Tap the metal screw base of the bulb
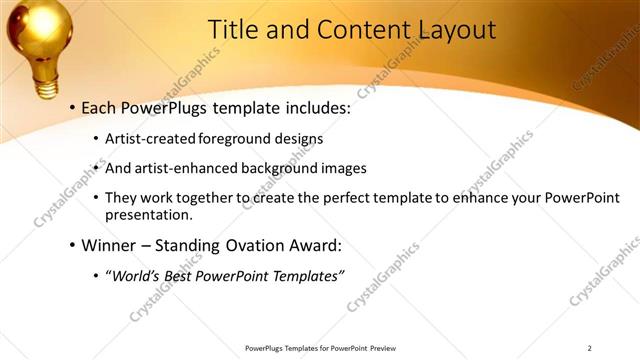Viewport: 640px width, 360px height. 46,79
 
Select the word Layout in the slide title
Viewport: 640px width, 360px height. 451,30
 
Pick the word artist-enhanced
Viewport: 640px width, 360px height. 189,168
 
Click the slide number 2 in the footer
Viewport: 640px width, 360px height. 589,348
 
